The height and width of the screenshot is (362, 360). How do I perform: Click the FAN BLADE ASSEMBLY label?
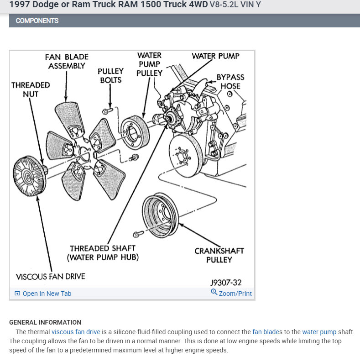click(67, 62)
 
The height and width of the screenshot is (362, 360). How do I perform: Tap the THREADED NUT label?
click(31, 89)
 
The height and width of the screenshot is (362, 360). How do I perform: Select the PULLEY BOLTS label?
click(110, 75)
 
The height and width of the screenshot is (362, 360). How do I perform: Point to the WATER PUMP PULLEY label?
click(149, 64)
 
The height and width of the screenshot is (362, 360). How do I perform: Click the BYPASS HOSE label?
click(230, 81)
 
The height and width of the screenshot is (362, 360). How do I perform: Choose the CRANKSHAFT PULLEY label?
click(219, 255)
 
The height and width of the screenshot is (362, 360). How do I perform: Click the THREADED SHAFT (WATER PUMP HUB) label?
click(103, 253)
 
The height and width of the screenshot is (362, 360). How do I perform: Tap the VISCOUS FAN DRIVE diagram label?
click(50, 276)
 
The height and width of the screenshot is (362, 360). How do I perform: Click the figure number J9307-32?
click(226, 283)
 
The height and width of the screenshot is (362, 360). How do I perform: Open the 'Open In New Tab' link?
click(47, 294)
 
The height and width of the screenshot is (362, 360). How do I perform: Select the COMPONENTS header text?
click(37, 21)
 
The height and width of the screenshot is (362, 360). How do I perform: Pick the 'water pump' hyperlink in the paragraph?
click(319, 332)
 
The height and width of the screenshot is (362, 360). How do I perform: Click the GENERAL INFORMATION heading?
click(45, 322)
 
